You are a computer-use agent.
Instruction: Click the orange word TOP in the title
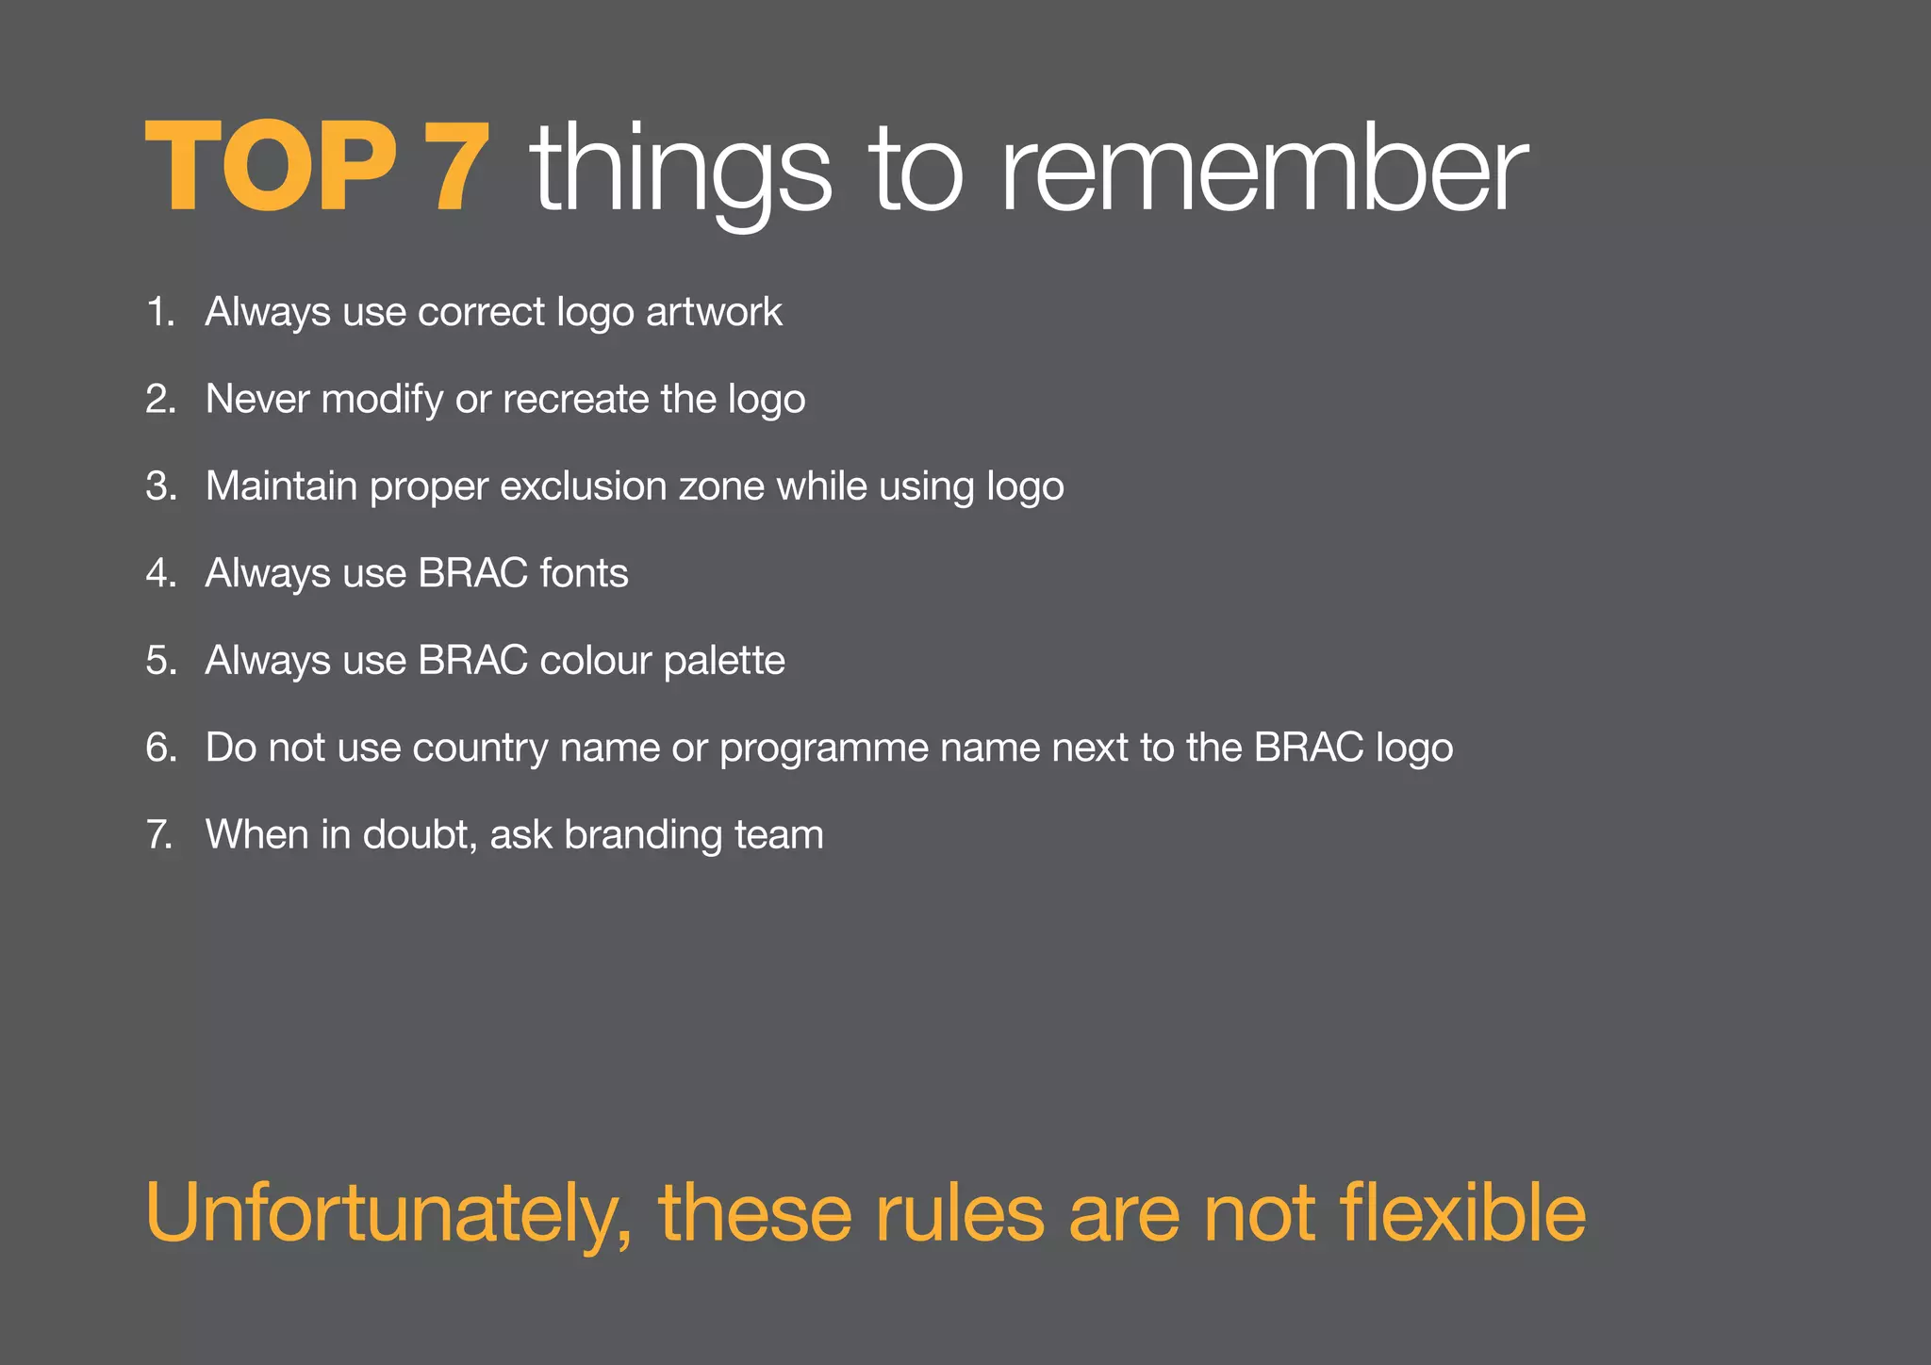(x=271, y=168)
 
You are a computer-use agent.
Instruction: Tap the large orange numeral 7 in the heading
(x=457, y=168)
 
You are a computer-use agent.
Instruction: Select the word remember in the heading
(x=1263, y=170)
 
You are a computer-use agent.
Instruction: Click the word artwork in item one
(x=714, y=312)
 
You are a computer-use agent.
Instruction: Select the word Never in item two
(x=257, y=399)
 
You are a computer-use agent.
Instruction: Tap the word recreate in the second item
(x=575, y=399)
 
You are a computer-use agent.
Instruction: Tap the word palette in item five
(x=724, y=660)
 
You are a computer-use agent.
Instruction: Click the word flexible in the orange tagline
(x=1462, y=1212)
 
